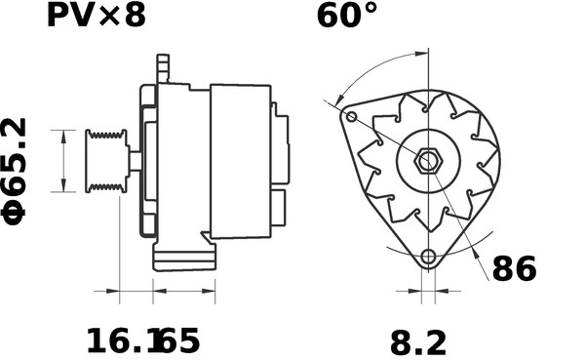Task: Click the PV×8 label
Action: (x=96, y=16)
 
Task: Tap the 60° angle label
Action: (x=346, y=16)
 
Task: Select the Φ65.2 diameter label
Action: (x=15, y=172)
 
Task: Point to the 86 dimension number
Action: (x=515, y=269)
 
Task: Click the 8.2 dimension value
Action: (x=418, y=343)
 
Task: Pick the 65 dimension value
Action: (x=179, y=340)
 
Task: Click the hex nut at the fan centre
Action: (x=428, y=161)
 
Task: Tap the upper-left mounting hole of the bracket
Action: (x=351, y=117)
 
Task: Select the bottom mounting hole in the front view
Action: (x=428, y=257)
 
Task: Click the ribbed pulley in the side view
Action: (x=106, y=161)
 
